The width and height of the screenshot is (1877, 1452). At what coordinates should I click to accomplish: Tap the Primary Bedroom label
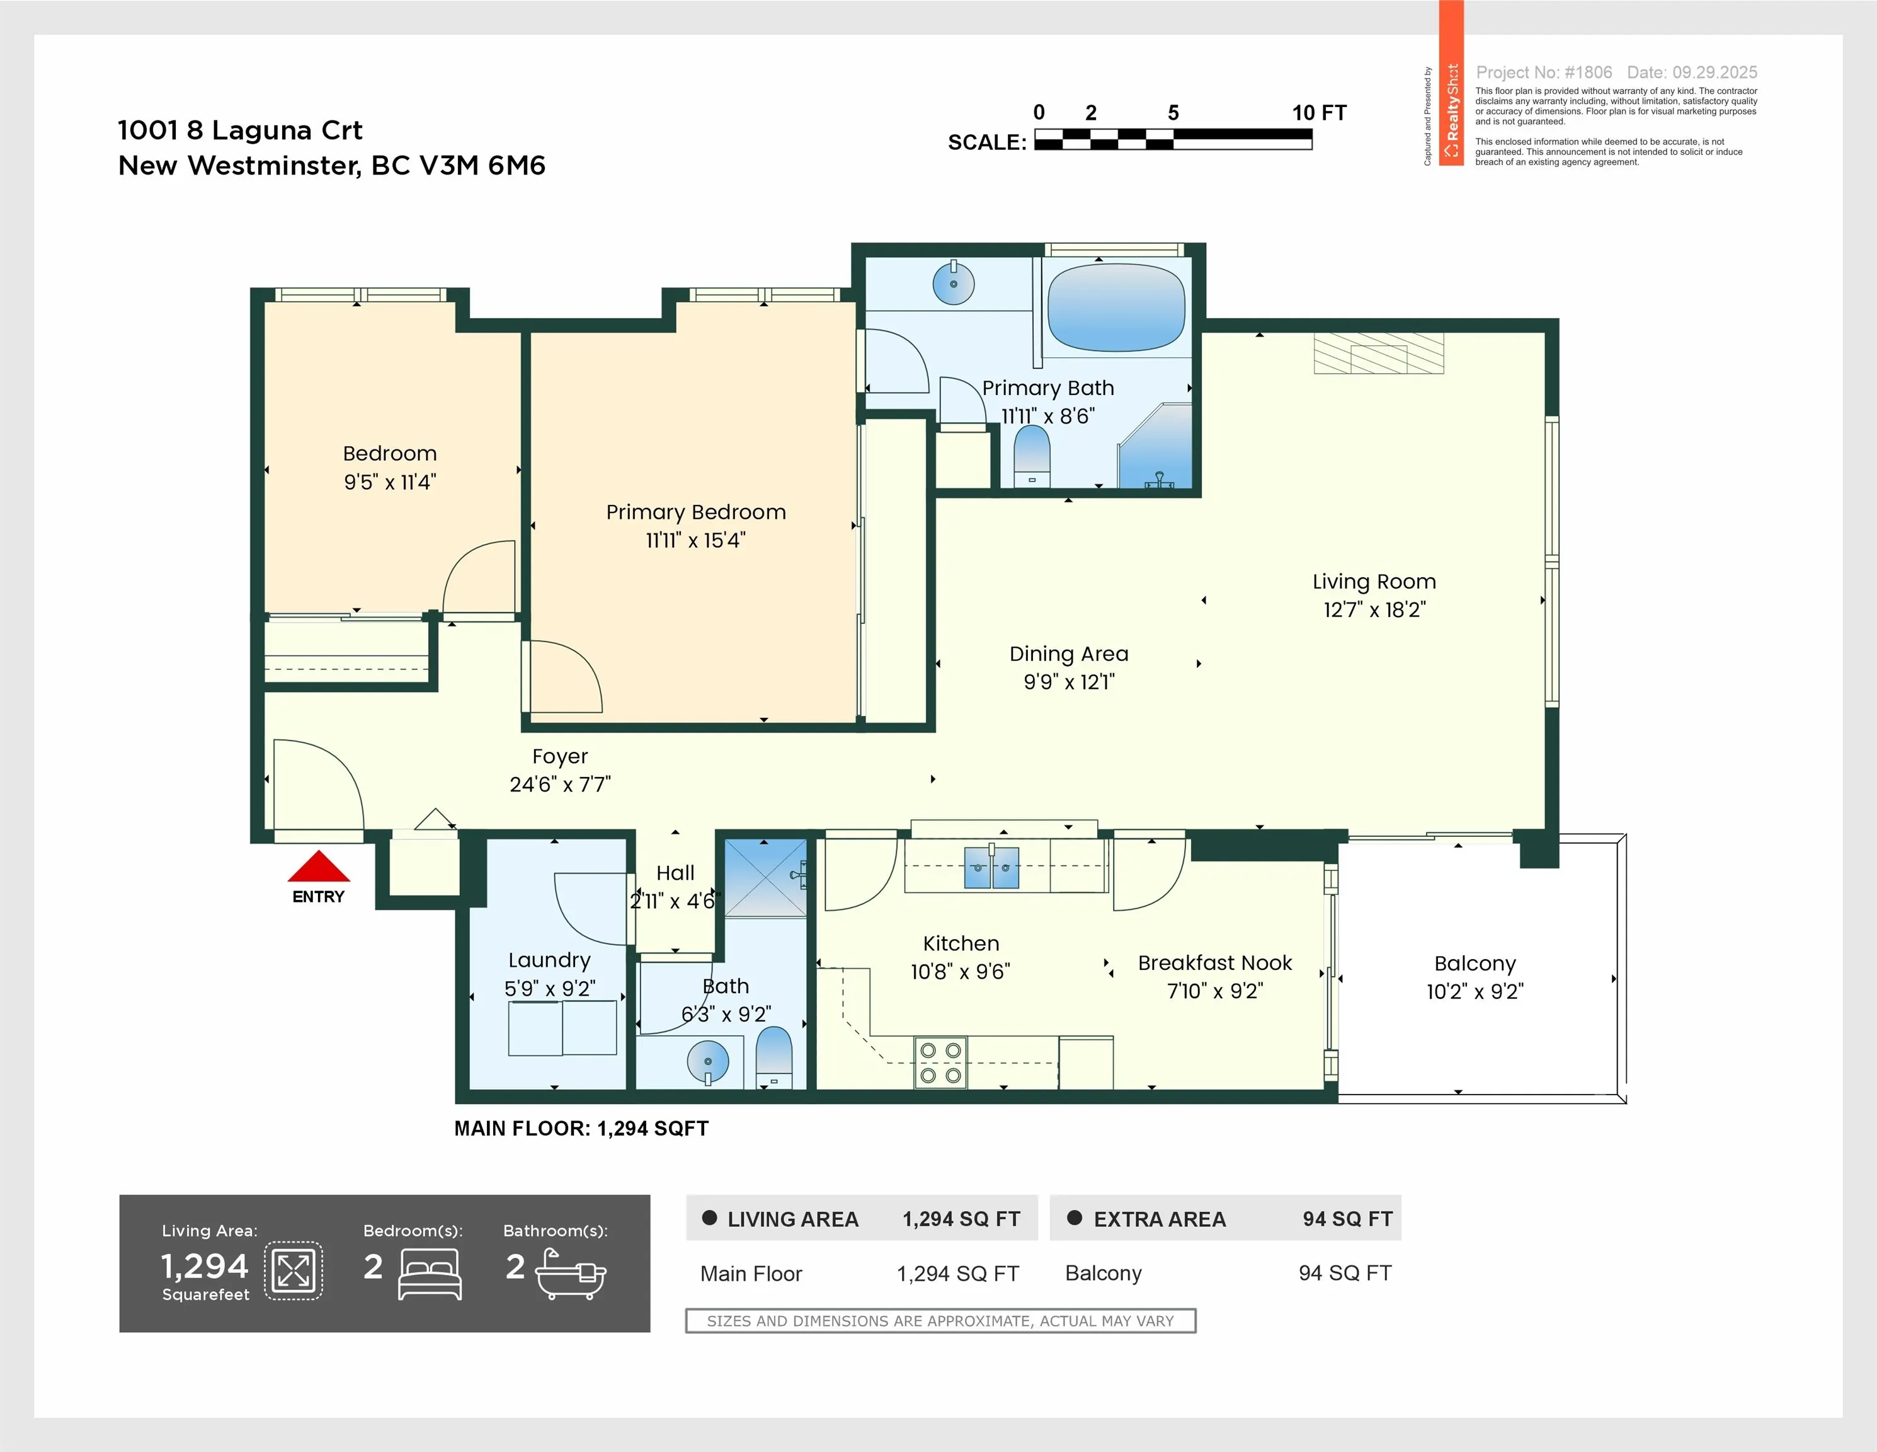coord(695,512)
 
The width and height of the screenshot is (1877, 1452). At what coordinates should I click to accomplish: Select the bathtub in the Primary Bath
coord(1116,308)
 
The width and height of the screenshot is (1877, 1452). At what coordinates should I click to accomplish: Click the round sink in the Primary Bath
coord(953,283)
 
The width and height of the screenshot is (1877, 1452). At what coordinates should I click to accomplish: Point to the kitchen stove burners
coord(940,1063)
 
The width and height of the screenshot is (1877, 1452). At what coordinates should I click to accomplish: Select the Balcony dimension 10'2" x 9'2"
coord(1475,991)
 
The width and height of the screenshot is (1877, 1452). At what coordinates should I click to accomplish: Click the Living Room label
coord(1373,582)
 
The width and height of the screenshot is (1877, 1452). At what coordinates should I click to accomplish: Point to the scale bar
coord(1172,139)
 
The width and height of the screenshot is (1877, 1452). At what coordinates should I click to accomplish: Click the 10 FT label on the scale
coord(1318,113)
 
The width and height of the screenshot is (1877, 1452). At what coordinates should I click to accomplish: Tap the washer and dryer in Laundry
coord(562,1027)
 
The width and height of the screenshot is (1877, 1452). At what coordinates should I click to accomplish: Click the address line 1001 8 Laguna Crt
coord(240,130)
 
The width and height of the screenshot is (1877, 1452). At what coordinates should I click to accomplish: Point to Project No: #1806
coord(1544,72)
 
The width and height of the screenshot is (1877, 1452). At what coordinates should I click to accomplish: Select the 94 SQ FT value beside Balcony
coord(1344,1273)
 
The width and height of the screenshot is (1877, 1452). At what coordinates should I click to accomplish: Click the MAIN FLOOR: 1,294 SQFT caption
coord(581,1129)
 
